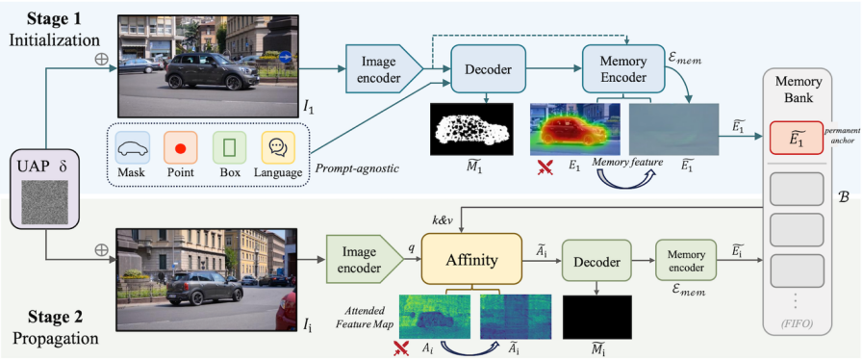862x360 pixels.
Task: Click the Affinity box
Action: [471, 260]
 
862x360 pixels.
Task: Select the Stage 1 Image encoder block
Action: [384, 68]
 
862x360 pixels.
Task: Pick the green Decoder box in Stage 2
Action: [596, 263]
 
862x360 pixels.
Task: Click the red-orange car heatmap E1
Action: [575, 129]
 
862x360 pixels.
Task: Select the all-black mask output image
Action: [597, 317]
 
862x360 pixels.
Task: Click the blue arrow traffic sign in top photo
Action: [285, 57]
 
